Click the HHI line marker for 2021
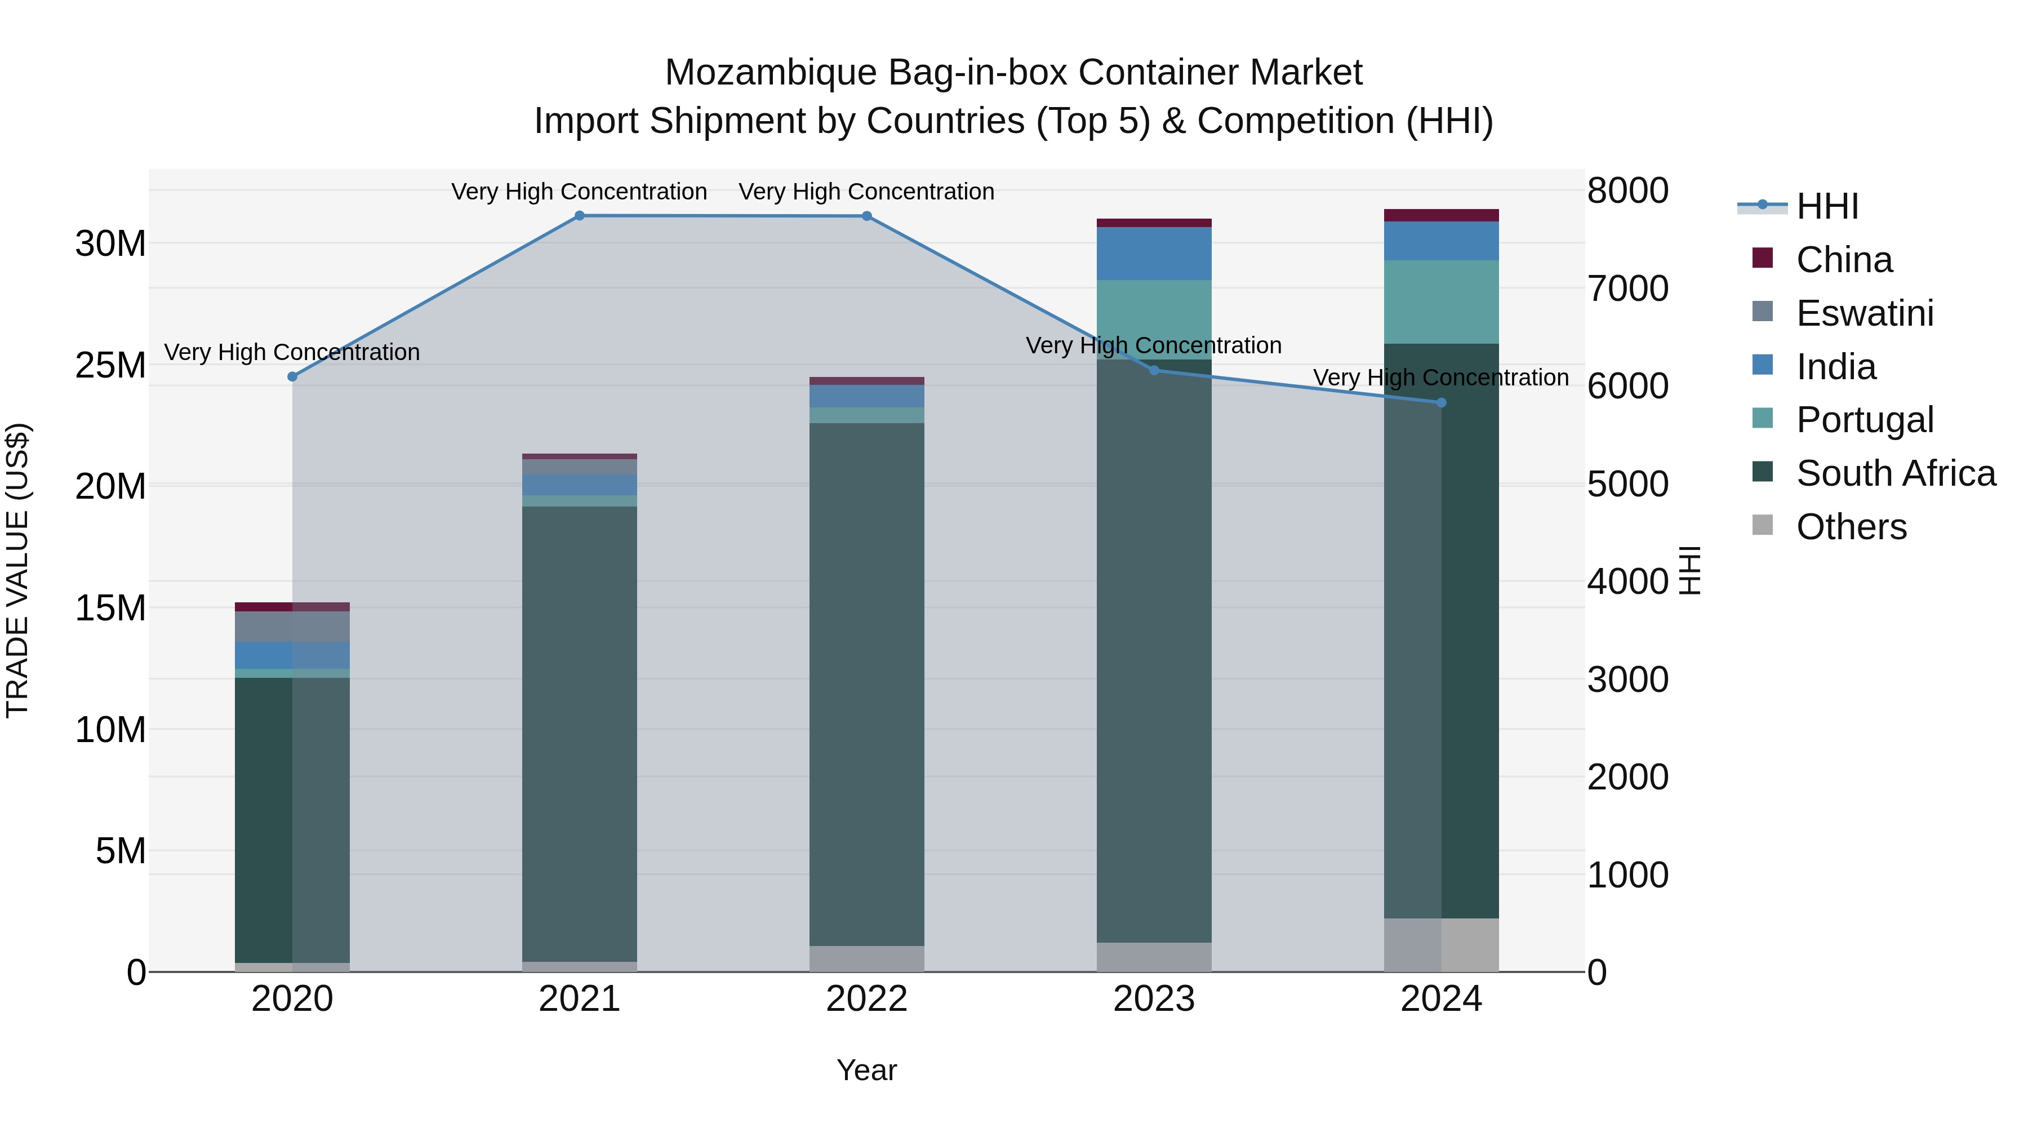580,216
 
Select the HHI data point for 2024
1442,402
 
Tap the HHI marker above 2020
292,376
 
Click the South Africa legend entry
1895,474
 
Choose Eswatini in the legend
1864,313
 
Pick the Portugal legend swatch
1763,419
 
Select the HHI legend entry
1826,206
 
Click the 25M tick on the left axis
111,365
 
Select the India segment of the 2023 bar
1154,254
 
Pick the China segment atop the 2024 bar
1442,215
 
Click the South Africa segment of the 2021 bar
580,732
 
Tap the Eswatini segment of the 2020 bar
292,627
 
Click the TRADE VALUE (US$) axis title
17,570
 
